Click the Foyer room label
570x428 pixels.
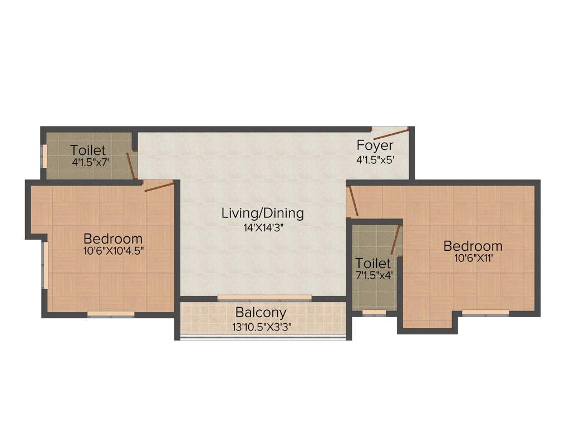point(375,145)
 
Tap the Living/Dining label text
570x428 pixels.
point(263,213)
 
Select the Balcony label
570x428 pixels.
point(261,313)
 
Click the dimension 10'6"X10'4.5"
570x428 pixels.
point(114,251)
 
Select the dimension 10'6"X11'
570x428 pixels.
point(473,258)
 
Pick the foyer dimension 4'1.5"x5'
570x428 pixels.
point(375,159)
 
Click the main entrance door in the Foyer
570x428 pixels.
point(391,133)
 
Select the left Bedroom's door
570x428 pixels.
point(159,186)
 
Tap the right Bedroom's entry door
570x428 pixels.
point(352,202)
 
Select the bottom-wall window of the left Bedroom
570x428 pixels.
point(111,314)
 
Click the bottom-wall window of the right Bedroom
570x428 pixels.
point(485,313)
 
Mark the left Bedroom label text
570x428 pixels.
point(113,239)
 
